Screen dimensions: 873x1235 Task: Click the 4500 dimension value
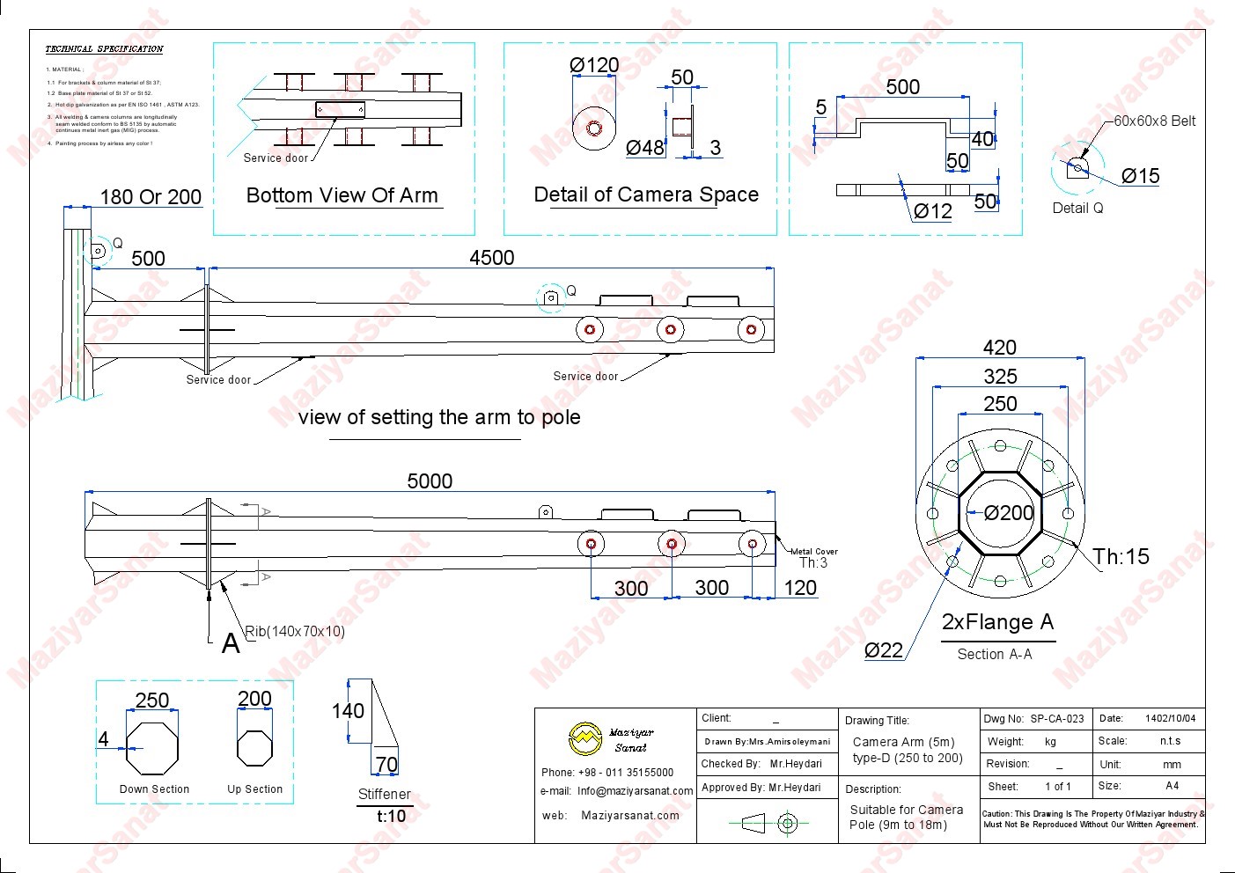pos(491,258)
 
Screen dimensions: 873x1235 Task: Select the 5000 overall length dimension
pos(430,481)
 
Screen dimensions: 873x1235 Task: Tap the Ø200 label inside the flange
pos(1008,513)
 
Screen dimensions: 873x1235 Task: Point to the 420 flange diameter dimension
pos(999,348)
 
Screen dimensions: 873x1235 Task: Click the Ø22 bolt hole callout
pos(884,650)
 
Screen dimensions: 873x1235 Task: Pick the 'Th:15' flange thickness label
pos(1121,556)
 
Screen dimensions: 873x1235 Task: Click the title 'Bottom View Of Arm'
pos(342,195)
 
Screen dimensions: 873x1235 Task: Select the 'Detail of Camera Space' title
pos(646,194)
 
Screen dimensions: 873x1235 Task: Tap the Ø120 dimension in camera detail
pos(594,65)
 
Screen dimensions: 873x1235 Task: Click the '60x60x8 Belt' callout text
pos(1154,121)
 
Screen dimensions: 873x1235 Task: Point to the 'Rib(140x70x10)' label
pos(295,631)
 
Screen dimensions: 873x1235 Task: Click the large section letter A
pos(231,644)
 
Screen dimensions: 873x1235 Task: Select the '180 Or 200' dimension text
pos(151,197)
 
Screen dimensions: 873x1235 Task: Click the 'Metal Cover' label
pos(814,552)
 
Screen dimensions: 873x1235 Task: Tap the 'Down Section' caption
pos(154,789)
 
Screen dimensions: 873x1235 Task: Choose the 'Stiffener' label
pos(384,794)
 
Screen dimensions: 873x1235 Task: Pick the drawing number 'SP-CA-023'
pos(1056,719)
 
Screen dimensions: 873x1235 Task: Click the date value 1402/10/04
pos(1170,719)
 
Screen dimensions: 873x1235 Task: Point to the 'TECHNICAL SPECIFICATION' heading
pos(104,49)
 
